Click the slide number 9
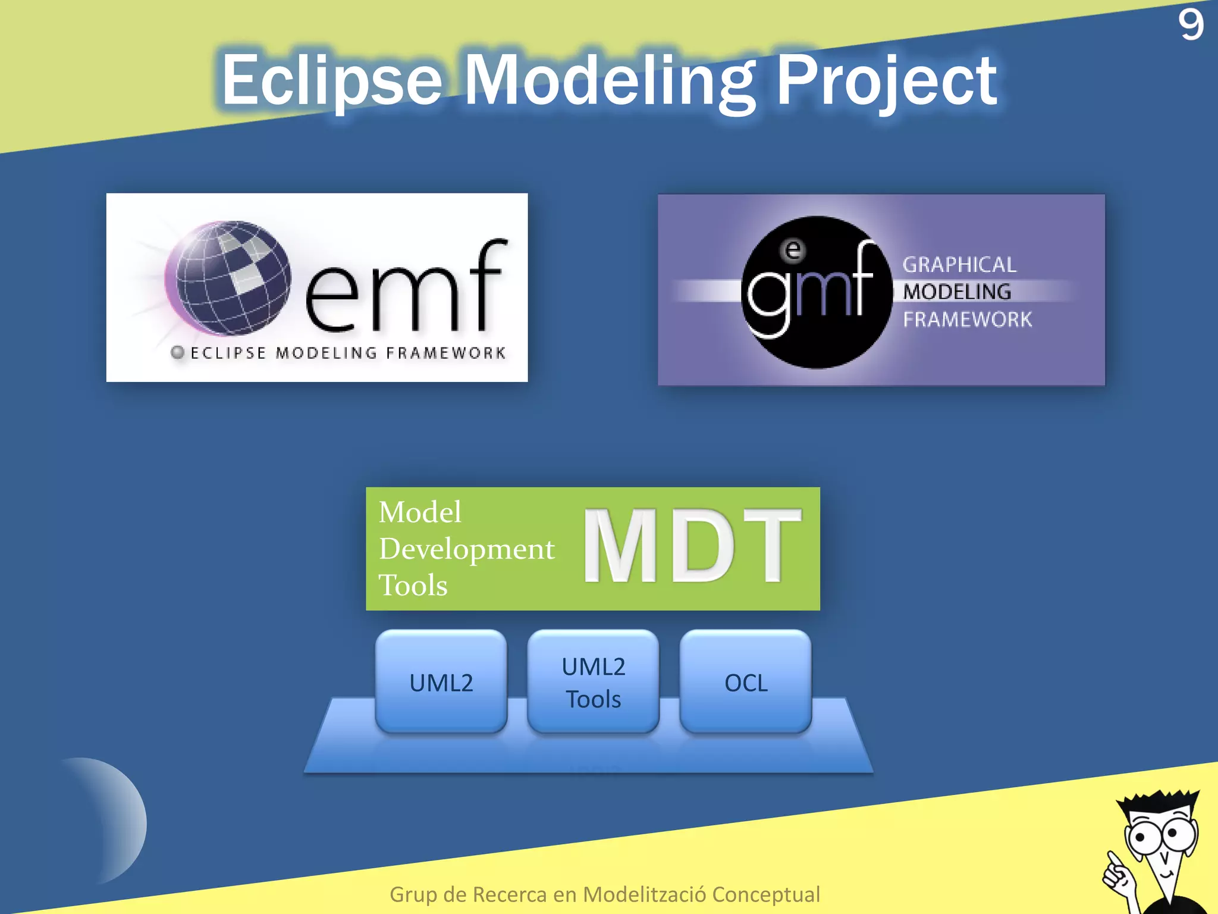[1191, 25]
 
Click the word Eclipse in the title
[332, 80]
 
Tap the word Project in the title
[887, 80]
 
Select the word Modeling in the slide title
[609, 80]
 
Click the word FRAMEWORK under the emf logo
[445, 353]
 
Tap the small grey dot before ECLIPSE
[177, 352]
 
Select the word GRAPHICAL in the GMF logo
[959, 265]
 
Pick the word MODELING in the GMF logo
[957, 292]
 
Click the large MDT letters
[692, 546]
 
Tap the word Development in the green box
[467, 549]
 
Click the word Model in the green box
[420, 512]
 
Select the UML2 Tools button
[593, 682]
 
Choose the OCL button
[746, 682]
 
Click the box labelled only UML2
[441, 682]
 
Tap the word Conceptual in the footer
[765, 894]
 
